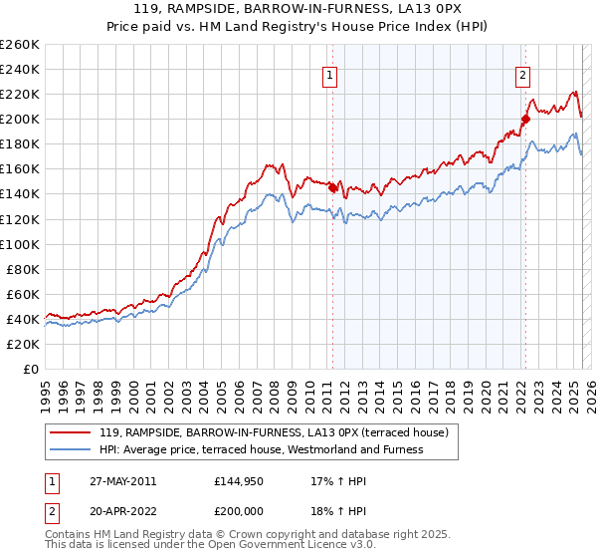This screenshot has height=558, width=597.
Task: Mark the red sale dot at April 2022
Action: [524, 120]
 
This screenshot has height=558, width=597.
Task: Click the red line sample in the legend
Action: [71, 433]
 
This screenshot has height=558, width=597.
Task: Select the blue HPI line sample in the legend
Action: [71, 450]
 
